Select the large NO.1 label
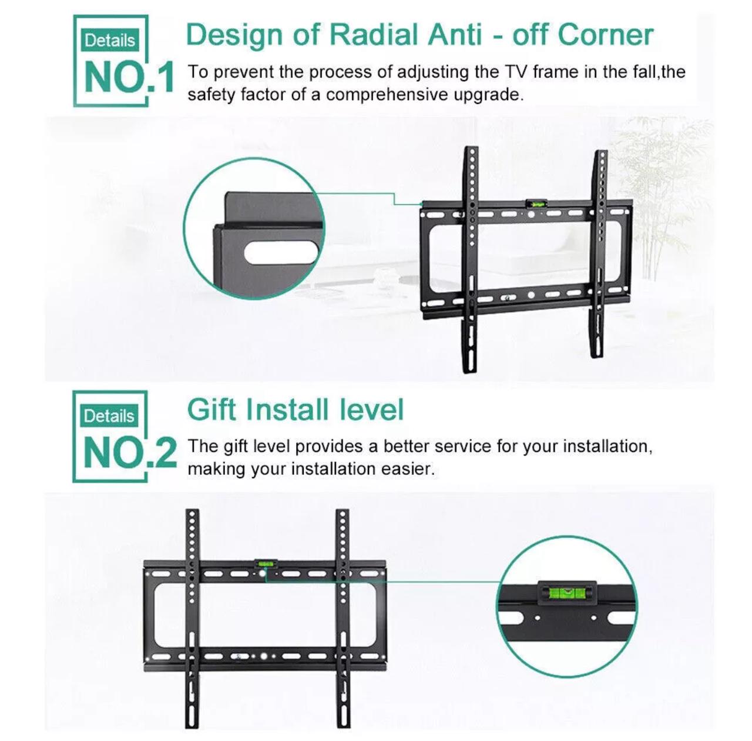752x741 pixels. click(129, 78)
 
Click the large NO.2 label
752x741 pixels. click(130, 453)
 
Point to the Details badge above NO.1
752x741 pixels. click(110, 41)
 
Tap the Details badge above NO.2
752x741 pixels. click(109, 416)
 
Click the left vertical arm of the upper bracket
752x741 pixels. click(471, 259)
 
